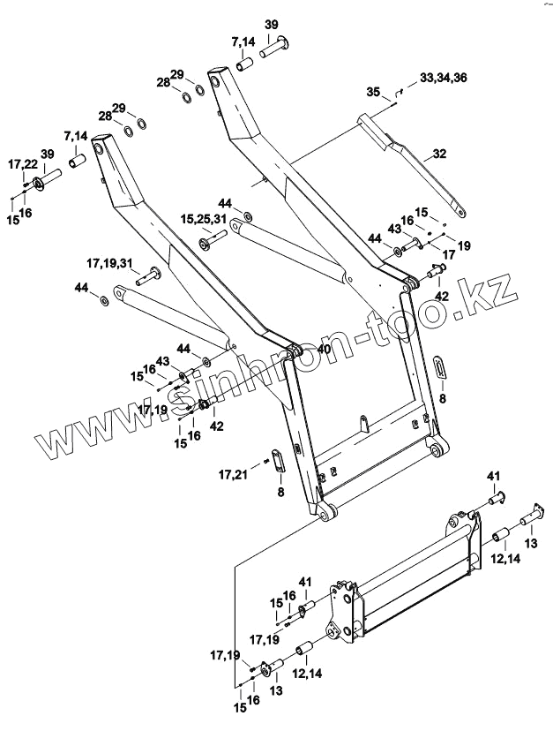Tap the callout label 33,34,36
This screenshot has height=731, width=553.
coord(444,78)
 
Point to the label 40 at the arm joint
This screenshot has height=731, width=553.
coord(324,350)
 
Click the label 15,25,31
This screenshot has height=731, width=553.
coord(204,217)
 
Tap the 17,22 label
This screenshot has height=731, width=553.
coord(22,165)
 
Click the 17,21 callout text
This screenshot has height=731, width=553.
coord(233,475)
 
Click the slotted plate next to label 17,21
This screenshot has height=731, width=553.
coord(279,460)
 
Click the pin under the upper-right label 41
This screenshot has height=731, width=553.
coord(493,501)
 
